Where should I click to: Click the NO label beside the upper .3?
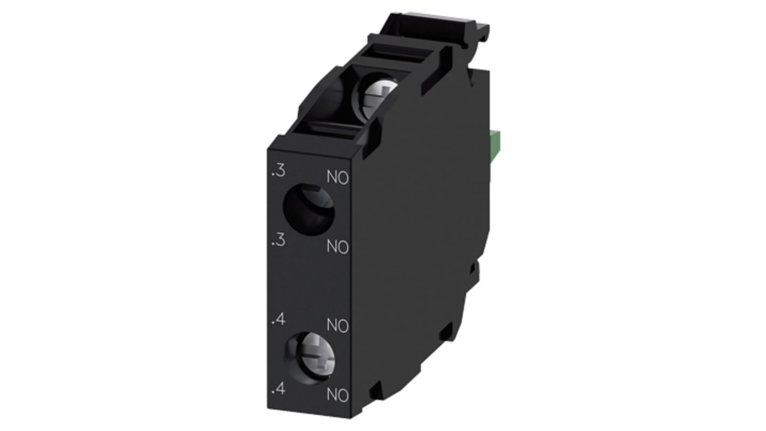tap(338, 177)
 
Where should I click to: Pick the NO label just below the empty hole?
tap(338, 247)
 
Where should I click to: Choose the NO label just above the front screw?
tap(338, 326)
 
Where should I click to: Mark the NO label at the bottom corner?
tap(338, 395)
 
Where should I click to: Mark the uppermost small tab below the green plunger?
tap(475, 267)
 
